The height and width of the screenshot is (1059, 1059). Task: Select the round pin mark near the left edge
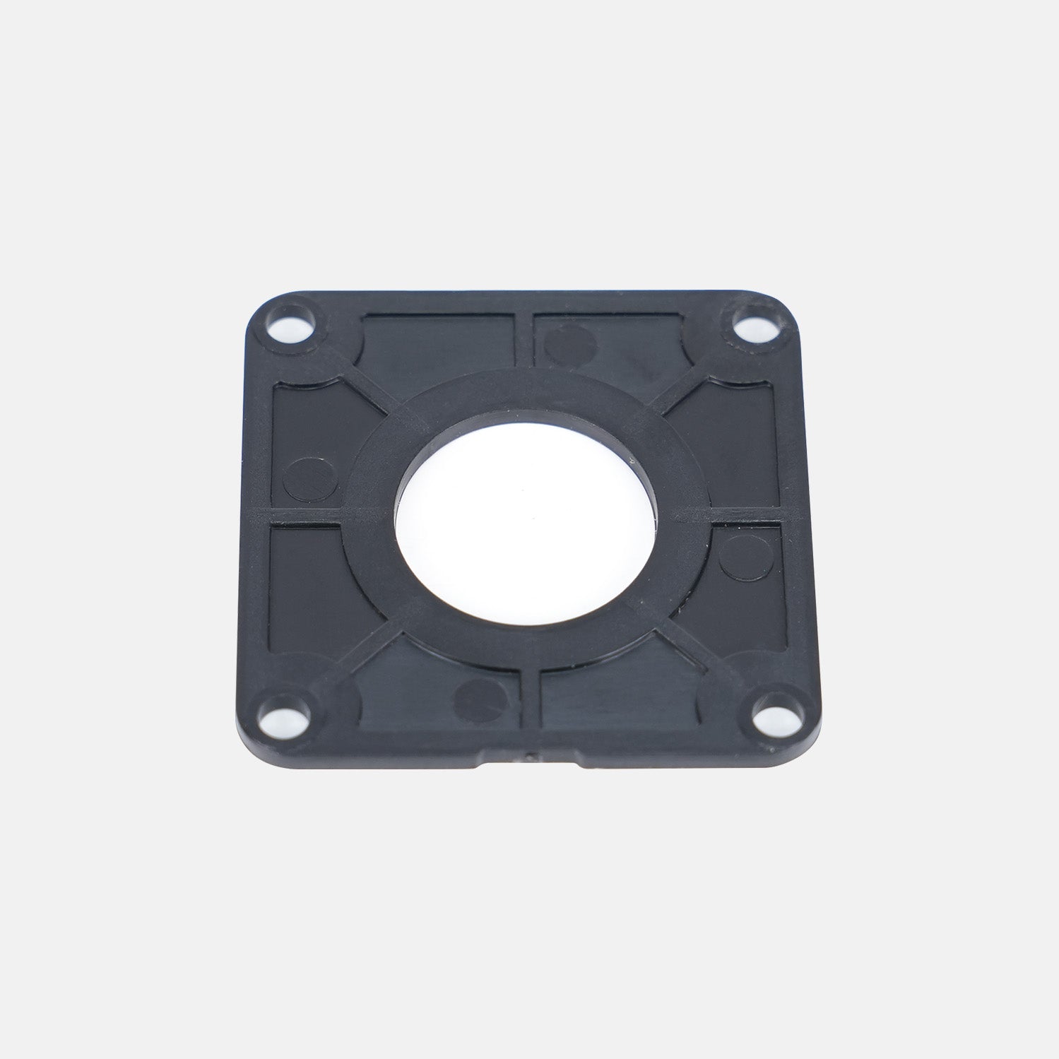pos(304,475)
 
